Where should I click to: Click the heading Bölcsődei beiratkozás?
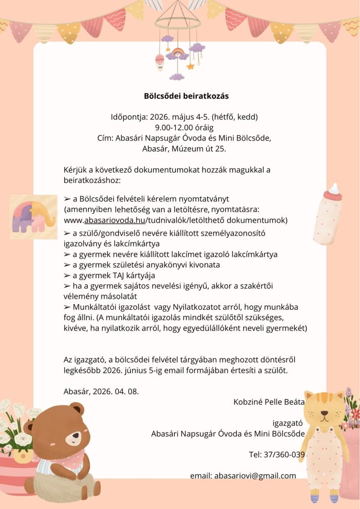click(x=180, y=95)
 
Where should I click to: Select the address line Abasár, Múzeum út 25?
click(x=180, y=148)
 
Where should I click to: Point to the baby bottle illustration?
click(x=329, y=214)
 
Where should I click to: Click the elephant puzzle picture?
click(x=33, y=215)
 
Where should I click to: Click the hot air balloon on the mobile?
click(x=160, y=62)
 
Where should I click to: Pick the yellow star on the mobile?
click(x=190, y=66)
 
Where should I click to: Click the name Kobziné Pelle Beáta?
click(x=269, y=402)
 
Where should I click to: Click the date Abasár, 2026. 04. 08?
click(x=101, y=391)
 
